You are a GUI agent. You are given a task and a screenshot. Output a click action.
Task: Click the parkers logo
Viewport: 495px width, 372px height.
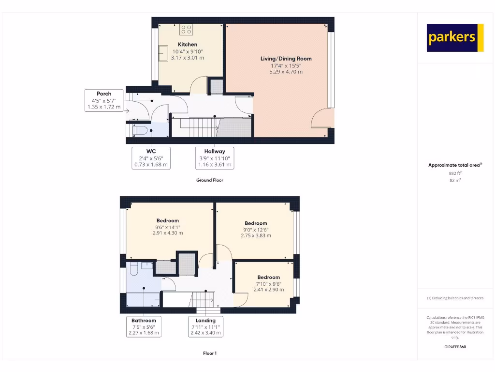click(x=455, y=38)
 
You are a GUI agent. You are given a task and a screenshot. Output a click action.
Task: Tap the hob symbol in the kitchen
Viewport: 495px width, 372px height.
click(x=187, y=30)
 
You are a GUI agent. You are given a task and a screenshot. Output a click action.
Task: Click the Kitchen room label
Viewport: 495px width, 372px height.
click(x=188, y=45)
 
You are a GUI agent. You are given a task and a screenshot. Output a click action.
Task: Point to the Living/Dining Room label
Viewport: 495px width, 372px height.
click(x=286, y=59)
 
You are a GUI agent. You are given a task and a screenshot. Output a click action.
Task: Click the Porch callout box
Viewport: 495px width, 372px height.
click(x=103, y=100)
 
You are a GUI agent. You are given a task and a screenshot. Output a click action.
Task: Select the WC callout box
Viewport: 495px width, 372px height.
click(x=151, y=158)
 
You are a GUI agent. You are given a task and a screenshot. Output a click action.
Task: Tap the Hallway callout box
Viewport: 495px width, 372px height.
click(x=214, y=158)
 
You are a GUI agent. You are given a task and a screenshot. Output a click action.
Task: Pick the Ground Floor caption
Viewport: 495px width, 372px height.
click(x=209, y=180)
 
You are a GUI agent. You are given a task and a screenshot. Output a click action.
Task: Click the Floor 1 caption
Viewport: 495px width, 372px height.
click(x=209, y=354)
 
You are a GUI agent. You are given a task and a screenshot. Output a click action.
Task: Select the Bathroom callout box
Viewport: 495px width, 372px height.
click(x=144, y=326)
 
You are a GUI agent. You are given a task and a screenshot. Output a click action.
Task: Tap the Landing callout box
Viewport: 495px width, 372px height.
click(x=205, y=326)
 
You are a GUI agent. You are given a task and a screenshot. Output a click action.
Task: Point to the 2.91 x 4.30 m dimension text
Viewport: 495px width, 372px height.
click(x=167, y=233)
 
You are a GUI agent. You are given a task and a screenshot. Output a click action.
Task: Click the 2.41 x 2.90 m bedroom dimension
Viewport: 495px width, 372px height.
click(x=268, y=290)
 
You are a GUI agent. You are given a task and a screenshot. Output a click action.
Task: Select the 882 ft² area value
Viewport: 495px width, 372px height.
click(x=455, y=173)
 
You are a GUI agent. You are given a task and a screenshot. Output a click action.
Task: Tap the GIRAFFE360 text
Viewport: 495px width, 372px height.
click(x=455, y=347)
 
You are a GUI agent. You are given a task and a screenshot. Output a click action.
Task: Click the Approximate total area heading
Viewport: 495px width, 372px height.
click(x=454, y=165)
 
